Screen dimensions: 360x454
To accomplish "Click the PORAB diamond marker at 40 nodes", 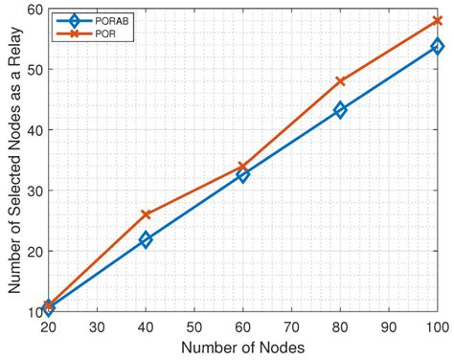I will [x=146, y=239].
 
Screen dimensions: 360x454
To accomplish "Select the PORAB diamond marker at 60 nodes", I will [x=243, y=175].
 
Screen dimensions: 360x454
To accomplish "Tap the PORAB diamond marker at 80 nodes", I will [x=340, y=110].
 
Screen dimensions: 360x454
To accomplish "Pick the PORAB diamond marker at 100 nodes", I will [x=438, y=45].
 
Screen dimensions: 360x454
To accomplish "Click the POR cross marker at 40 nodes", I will [x=146, y=214].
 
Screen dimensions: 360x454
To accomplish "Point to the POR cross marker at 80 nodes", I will [x=340, y=81].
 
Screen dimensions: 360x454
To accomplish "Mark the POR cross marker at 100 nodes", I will [x=438, y=20].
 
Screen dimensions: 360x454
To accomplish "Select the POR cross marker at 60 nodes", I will [x=243, y=167].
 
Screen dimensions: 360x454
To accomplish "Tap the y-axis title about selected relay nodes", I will [x=12, y=160].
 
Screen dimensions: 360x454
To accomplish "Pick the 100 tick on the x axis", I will [x=436, y=326].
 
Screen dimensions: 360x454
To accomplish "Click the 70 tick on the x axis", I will [x=292, y=326].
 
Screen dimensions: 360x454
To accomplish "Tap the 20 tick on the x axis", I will [x=49, y=326].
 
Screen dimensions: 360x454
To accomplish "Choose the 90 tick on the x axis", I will [x=389, y=326].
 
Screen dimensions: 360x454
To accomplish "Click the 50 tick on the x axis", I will [x=194, y=326].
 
